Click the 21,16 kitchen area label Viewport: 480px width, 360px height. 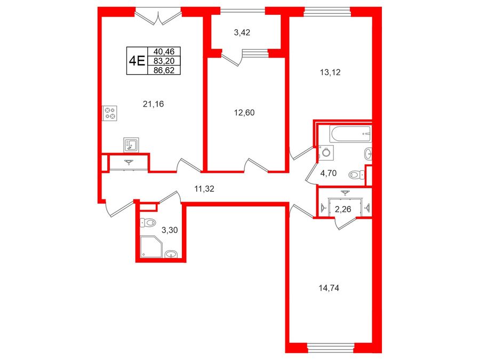pyautogui.click(x=153, y=104)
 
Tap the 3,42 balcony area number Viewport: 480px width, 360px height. pyautogui.click(x=242, y=33)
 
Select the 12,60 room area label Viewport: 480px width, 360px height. pyautogui.click(x=244, y=113)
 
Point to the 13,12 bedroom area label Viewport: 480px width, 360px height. pyautogui.click(x=330, y=73)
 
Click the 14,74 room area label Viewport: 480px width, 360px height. pyautogui.click(x=329, y=288)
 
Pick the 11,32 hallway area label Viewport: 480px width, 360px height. pyautogui.click(x=204, y=189)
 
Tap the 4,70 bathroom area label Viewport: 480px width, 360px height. pyautogui.click(x=328, y=173)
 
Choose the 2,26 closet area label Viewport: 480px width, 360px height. pyautogui.click(x=343, y=210)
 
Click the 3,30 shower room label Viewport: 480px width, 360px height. pyautogui.click(x=170, y=230)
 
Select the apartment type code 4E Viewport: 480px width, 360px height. pyautogui.click(x=137, y=61)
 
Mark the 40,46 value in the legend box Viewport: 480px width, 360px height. pyautogui.click(x=164, y=51)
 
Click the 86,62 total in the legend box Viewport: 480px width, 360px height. pyautogui.click(x=164, y=70)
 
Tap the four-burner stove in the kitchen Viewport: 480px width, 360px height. pyautogui.click(x=110, y=113)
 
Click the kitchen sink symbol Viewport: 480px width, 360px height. pyautogui.click(x=131, y=145)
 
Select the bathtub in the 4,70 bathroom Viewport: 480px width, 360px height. pyautogui.click(x=351, y=134)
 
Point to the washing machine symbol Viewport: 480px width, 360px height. pyautogui.click(x=326, y=153)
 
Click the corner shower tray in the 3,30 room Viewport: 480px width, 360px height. pyautogui.click(x=151, y=247)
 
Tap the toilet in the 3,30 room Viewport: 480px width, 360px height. pyautogui.click(x=148, y=222)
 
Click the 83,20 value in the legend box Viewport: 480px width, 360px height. pyautogui.click(x=164, y=61)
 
